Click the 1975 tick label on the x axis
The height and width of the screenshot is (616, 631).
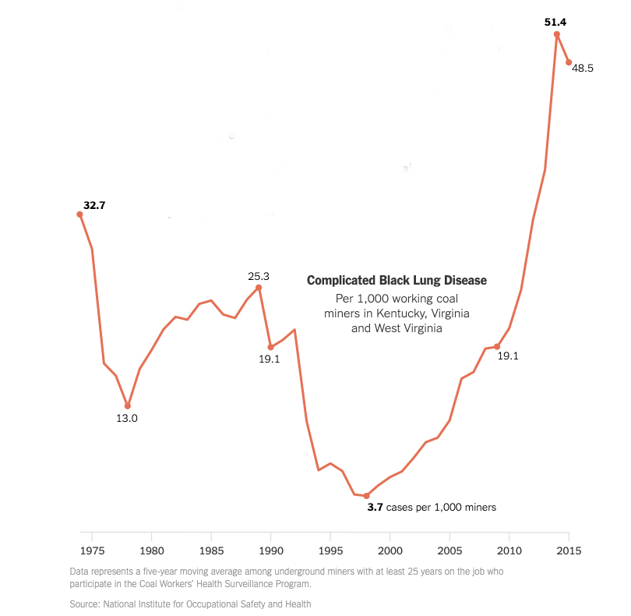92,551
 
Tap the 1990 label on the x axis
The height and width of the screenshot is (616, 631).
271,551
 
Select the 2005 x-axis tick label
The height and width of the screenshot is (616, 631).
449,551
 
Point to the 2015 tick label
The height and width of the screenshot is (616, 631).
569,551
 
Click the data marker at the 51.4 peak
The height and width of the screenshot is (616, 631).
557,34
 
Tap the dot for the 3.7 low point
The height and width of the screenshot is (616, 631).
366,496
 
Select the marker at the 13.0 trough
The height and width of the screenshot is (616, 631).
128,406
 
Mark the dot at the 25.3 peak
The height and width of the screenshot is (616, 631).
259,288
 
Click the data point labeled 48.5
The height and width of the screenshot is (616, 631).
569,62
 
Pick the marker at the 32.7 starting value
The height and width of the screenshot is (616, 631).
79,214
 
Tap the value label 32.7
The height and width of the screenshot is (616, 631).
94,205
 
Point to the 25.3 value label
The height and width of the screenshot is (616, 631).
259,276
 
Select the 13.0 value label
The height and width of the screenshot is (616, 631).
127,418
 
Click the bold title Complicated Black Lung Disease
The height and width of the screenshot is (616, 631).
397,281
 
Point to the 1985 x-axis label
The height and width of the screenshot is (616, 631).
211,551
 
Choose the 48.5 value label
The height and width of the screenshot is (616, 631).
583,69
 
